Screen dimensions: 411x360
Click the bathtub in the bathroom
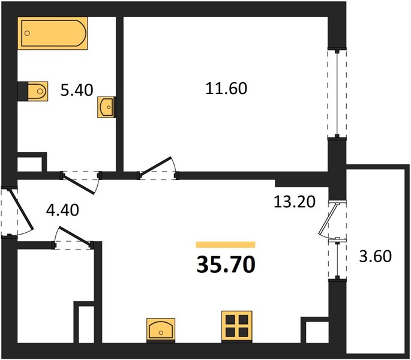click(x=52, y=33)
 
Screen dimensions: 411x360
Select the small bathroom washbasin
click(x=106, y=107)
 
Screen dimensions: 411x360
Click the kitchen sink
click(x=161, y=329)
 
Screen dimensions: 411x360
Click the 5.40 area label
click(x=77, y=90)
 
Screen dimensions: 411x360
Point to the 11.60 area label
click(x=226, y=88)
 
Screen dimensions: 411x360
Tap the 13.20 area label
click(x=295, y=202)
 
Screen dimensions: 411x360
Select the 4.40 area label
click(x=62, y=210)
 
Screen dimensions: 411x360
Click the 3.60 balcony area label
click(x=376, y=256)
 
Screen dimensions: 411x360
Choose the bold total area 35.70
click(x=226, y=265)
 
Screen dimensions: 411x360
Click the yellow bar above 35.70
click(x=226, y=245)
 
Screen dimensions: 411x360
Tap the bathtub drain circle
click(x=27, y=33)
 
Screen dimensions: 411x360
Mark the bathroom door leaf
click(x=79, y=184)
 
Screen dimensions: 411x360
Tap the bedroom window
click(x=337, y=93)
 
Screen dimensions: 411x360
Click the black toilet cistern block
click(x=23, y=91)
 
